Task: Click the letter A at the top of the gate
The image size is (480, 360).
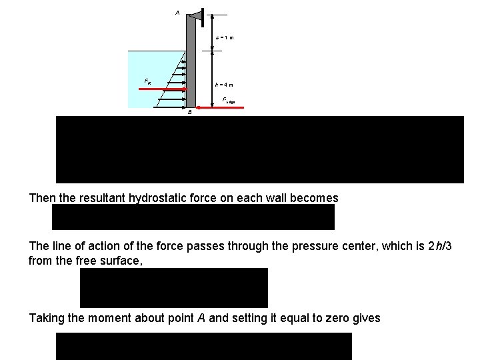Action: [177, 12]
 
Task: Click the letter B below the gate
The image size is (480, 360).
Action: [190, 113]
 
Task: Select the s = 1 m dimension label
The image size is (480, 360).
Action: [225, 37]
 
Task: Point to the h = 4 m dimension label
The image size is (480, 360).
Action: [224, 85]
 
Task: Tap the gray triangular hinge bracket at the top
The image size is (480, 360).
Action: [195, 15]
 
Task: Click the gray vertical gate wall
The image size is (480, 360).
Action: [191, 67]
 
